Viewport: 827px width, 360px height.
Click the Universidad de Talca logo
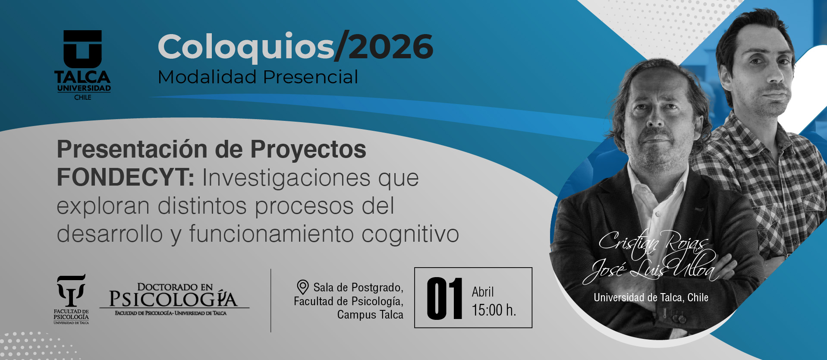click(x=82, y=65)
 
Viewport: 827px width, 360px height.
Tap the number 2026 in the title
click(x=390, y=47)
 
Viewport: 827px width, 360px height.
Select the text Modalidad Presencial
click(x=258, y=77)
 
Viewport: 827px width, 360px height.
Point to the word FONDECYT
click(x=126, y=177)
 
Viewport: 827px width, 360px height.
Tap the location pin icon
click(x=303, y=287)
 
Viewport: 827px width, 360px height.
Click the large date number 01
click(x=444, y=299)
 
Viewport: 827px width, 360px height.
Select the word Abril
click(x=483, y=292)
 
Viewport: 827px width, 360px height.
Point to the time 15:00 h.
click(x=494, y=310)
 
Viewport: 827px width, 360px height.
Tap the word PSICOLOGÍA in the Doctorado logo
click(x=173, y=298)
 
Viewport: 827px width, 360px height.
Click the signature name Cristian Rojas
click(x=653, y=242)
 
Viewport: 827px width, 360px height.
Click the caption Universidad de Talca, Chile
click(x=651, y=297)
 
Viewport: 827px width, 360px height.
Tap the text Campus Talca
click(x=370, y=315)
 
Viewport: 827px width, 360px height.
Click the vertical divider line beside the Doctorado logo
click(x=271, y=300)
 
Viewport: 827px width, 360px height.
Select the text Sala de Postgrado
click(x=358, y=287)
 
